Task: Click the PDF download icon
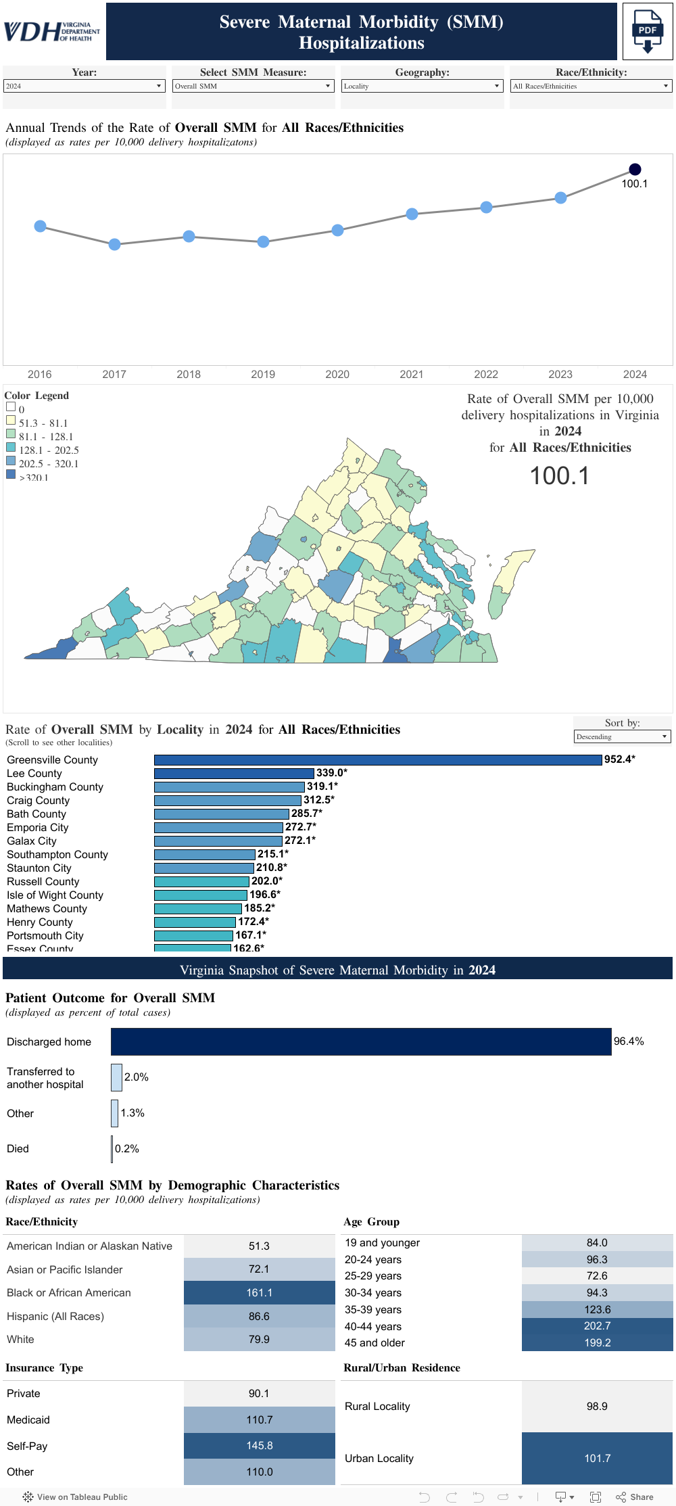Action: [647, 31]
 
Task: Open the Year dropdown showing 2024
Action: [84, 86]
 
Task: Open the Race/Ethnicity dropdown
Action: [591, 86]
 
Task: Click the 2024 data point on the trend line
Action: [635, 169]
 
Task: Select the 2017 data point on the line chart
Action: [115, 244]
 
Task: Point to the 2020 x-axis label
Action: [337, 374]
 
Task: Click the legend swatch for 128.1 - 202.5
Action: [11, 448]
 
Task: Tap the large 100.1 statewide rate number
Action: [559, 475]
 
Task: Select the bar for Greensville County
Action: [377, 759]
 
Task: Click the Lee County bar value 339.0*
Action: [331, 773]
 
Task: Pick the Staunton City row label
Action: [39, 868]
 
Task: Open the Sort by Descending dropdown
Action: [622, 736]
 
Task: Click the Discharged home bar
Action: [361, 1041]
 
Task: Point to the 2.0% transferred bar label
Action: [136, 1077]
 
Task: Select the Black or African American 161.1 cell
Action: [259, 1292]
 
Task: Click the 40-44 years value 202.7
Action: [597, 1325]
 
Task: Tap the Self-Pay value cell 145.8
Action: [259, 1445]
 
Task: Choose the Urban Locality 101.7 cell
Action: [597, 1458]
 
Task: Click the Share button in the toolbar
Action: [635, 1497]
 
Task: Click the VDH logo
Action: [52, 31]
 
